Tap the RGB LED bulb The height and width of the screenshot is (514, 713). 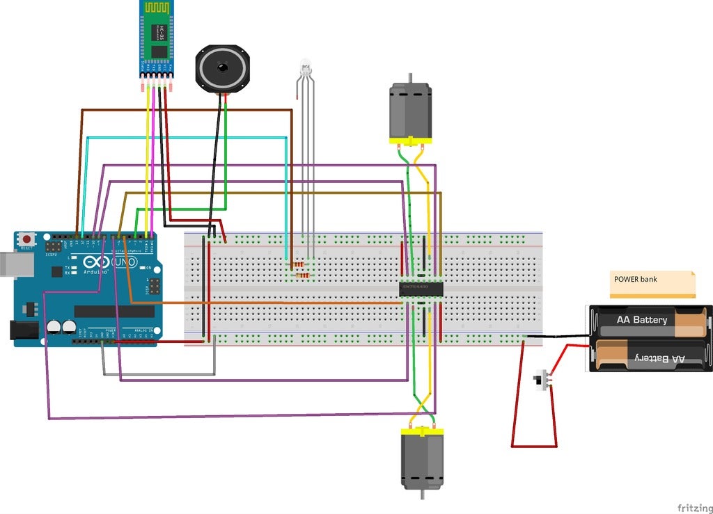(304, 68)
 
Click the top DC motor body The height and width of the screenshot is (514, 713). (409, 111)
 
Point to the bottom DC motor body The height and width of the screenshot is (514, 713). (421, 459)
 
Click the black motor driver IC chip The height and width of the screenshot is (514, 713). (423, 287)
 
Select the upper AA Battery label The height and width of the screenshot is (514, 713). (641, 320)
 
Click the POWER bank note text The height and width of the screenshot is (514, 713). (634, 279)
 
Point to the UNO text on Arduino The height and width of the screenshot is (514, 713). (127, 263)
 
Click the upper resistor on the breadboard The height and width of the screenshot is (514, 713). (299, 265)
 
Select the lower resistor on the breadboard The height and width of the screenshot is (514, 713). (303, 275)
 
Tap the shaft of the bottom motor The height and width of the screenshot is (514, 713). (421, 495)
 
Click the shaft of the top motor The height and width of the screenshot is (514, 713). (409, 78)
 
